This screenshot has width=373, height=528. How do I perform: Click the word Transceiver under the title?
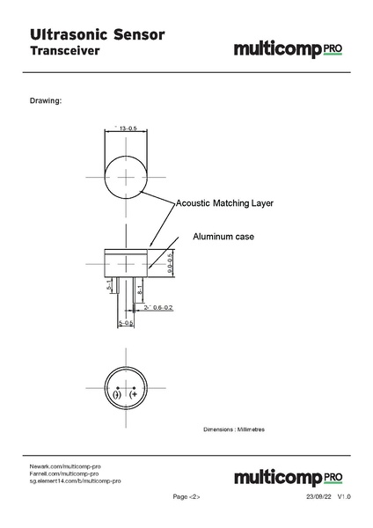[x=65, y=52]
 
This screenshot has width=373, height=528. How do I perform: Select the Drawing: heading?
[x=46, y=100]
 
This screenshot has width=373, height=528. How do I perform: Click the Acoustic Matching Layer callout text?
[x=225, y=203]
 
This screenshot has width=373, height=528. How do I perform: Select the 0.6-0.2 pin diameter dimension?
[x=158, y=308]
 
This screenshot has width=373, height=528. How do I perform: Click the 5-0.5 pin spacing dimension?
[x=126, y=324]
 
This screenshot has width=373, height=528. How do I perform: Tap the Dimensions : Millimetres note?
[x=234, y=429]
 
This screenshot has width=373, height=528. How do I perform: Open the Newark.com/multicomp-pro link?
[x=66, y=465]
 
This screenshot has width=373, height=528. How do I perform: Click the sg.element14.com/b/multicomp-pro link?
[x=75, y=481]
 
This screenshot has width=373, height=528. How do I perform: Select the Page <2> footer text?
[x=186, y=497]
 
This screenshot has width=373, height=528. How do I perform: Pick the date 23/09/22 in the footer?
[x=318, y=497]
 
